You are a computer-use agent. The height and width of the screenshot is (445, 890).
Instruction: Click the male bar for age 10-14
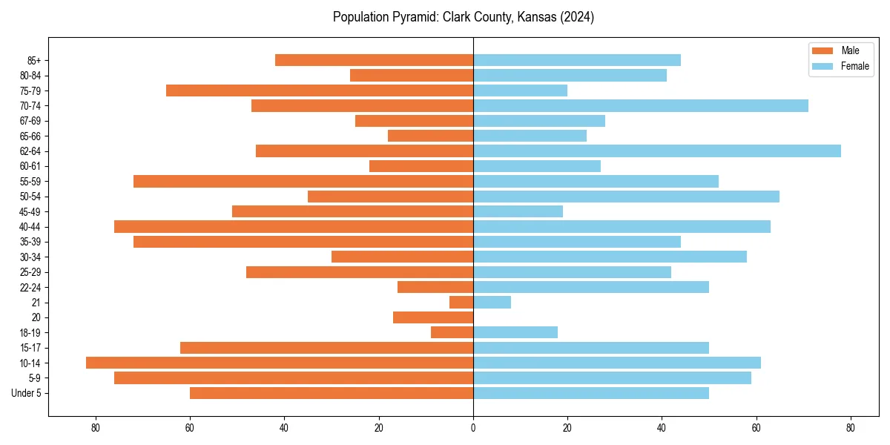[280, 363]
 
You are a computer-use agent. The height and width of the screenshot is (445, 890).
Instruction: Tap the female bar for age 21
[492, 302]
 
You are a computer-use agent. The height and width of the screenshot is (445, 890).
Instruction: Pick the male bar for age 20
[433, 317]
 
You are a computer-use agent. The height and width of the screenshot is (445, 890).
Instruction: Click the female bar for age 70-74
[641, 105]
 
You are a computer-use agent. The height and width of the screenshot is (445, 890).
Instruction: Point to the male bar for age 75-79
[320, 90]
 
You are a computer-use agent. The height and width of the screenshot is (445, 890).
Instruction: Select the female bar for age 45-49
[518, 211]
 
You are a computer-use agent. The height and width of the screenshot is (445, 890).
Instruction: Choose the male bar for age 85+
[374, 60]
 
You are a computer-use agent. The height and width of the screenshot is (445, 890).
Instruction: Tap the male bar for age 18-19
[452, 332]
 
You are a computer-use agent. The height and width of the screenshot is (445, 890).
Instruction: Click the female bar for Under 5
[591, 393]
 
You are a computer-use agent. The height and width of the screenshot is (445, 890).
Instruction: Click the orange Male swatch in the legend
[823, 50]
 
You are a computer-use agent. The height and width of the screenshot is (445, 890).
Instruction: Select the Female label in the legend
[855, 66]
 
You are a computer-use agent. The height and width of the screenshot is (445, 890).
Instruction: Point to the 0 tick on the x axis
[473, 428]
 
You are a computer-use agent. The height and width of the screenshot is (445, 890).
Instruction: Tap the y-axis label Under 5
[27, 393]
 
